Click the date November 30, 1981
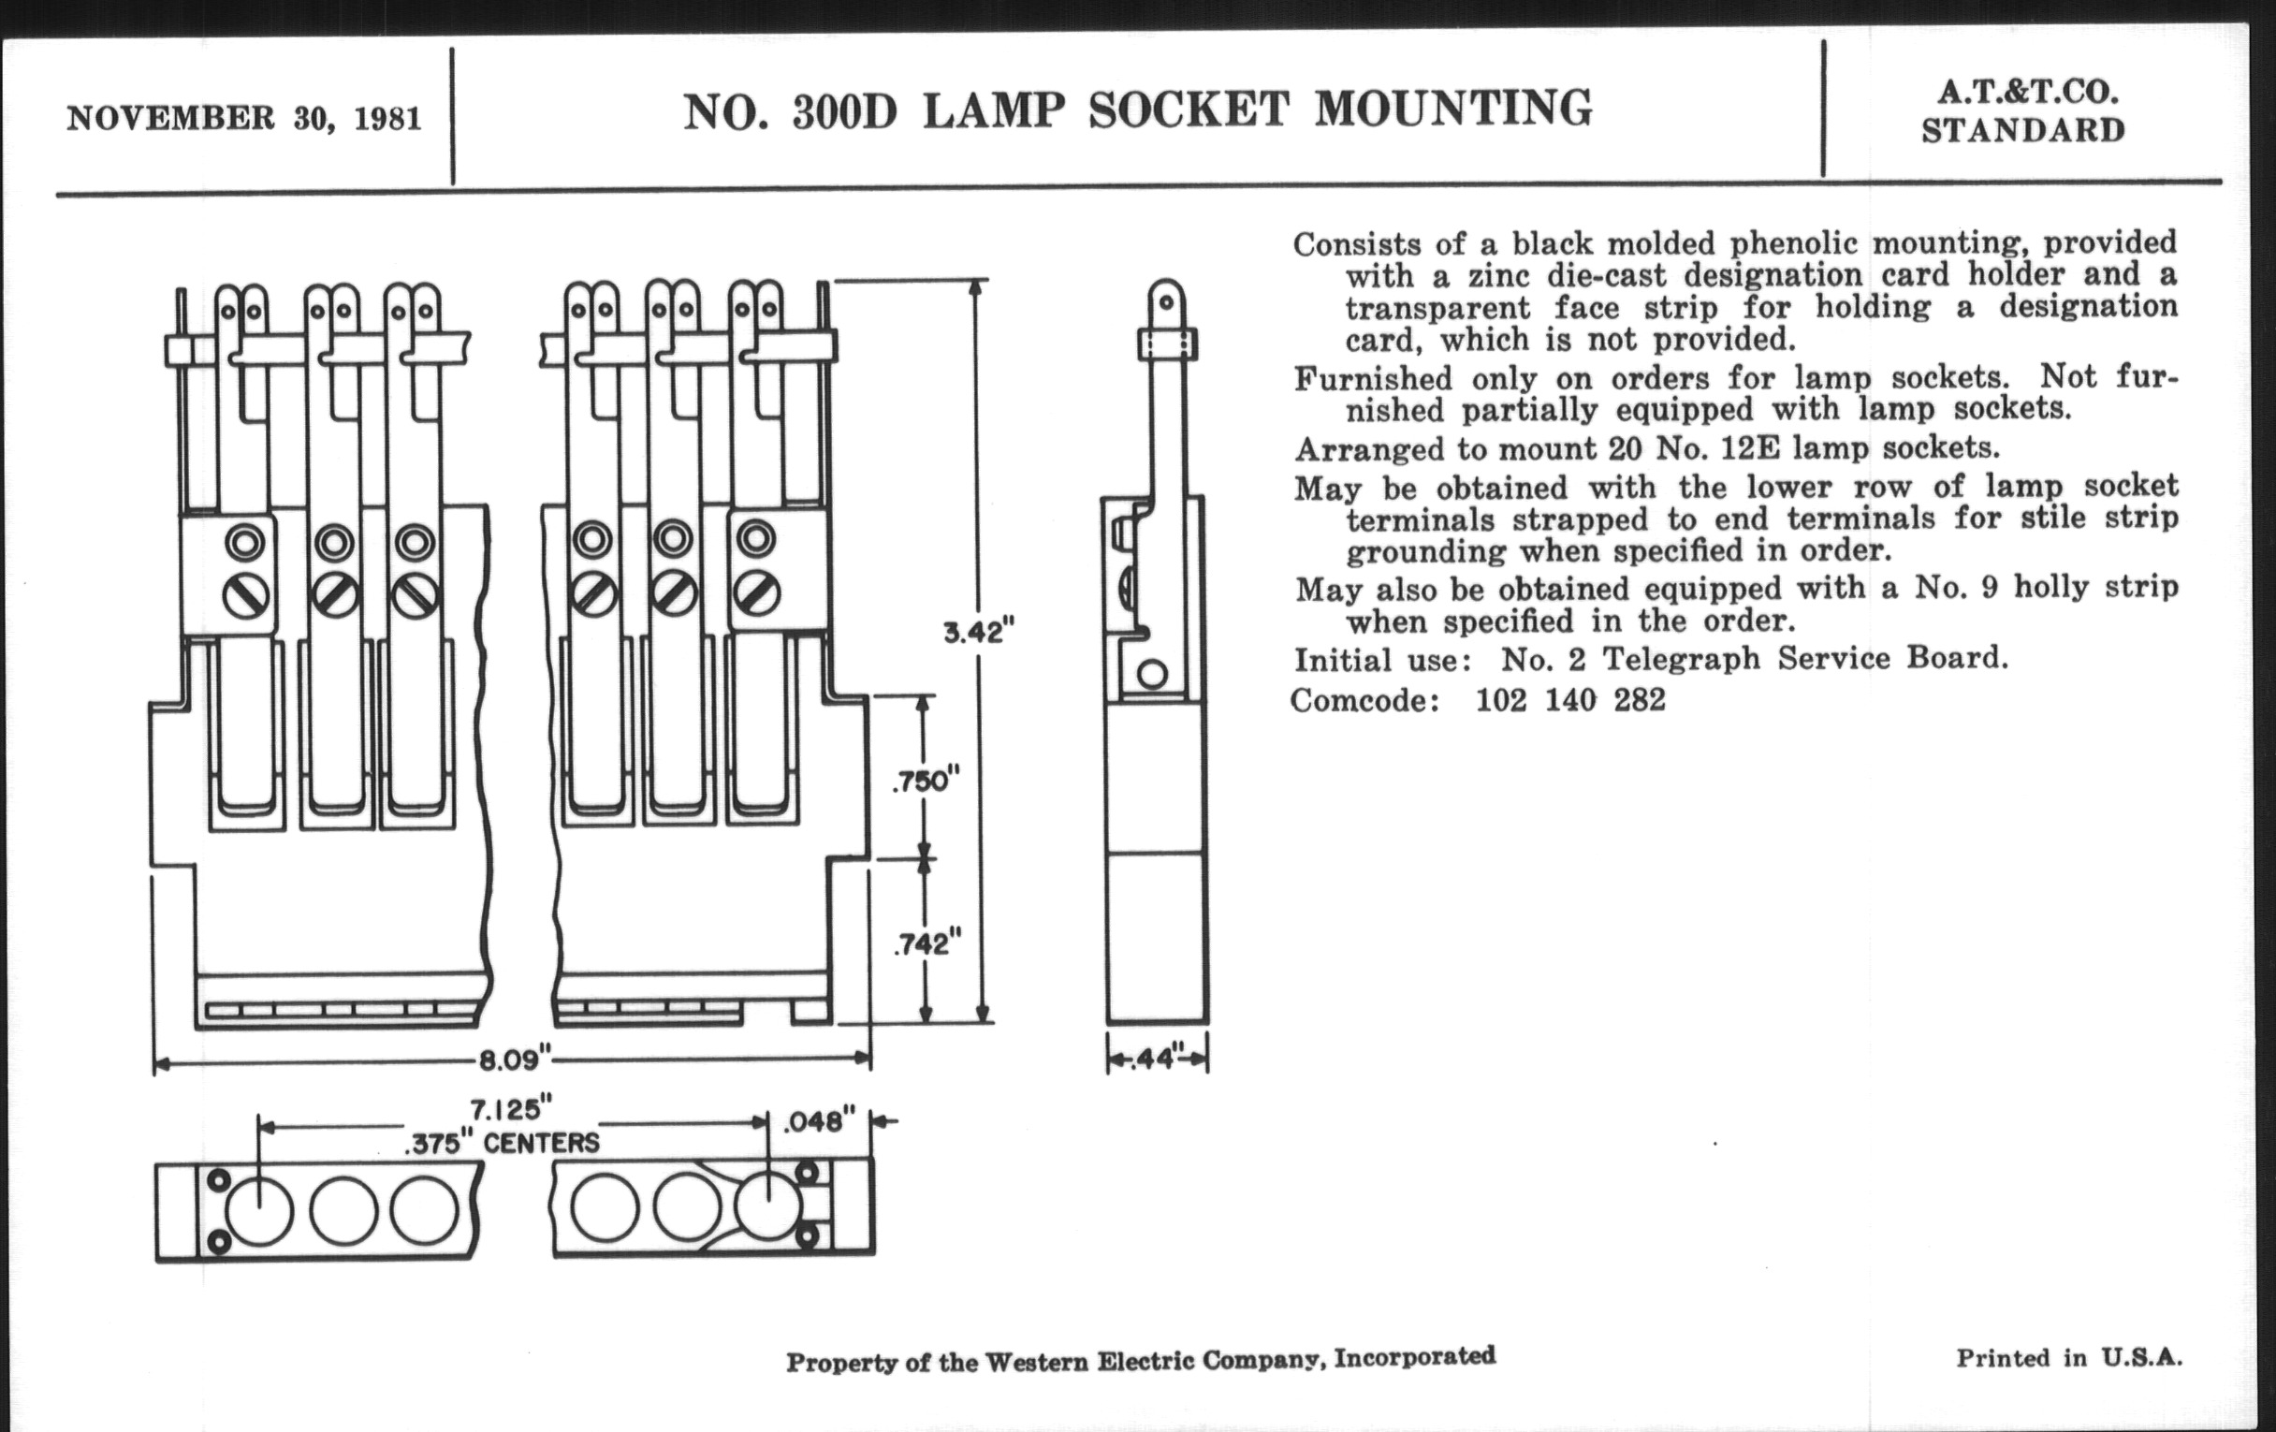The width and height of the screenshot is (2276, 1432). [x=244, y=119]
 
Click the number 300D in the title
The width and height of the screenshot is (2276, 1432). [x=843, y=111]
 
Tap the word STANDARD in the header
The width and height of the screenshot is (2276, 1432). [x=2022, y=130]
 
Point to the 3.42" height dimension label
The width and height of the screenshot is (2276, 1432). [x=978, y=631]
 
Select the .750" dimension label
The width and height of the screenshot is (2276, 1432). [x=926, y=781]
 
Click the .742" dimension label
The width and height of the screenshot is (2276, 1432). [x=927, y=942]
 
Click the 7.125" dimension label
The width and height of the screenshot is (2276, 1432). [x=510, y=1108]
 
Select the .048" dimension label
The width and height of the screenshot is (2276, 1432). [x=819, y=1122]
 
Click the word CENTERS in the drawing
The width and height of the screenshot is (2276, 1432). [x=541, y=1143]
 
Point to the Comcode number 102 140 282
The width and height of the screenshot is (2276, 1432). [x=1570, y=700]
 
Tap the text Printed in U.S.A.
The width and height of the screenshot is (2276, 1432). [x=2068, y=1358]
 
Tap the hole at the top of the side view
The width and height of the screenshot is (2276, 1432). [x=1166, y=302]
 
